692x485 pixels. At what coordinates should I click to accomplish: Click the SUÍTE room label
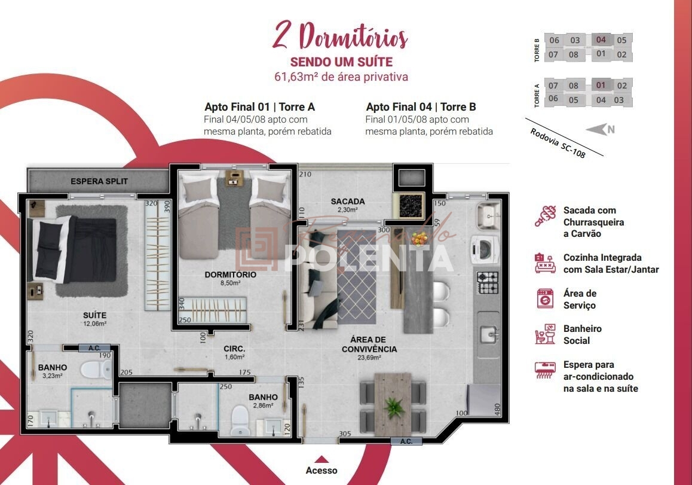[x=95, y=315]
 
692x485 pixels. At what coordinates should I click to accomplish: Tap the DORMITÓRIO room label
[x=230, y=274]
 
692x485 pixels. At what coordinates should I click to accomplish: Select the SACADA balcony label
[x=347, y=202]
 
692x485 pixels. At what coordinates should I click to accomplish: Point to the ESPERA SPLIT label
[x=99, y=181]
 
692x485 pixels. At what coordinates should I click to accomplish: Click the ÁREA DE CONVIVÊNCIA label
[x=369, y=344]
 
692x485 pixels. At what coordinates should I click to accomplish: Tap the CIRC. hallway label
[x=235, y=349]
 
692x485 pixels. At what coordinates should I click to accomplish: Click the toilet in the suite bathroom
[x=93, y=369]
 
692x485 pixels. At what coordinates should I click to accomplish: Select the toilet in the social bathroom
[x=240, y=418]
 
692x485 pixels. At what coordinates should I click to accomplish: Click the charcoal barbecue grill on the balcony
[x=409, y=205]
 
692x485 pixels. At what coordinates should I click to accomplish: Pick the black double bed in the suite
[x=74, y=249]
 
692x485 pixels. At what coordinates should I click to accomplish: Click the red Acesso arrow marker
[x=321, y=459]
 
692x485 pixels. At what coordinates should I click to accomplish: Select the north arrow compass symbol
[x=599, y=129]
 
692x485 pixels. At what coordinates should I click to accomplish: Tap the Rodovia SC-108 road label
[x=557, y=144]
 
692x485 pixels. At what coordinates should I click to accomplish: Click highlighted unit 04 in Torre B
[x=601, y=40]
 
